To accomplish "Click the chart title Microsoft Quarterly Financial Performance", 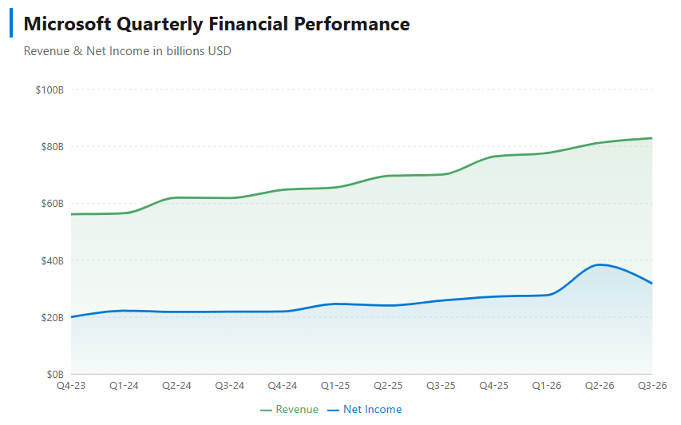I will pyautogui.click(x=216, y=24).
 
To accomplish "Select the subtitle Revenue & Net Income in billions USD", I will pyautogui.click(x=128, y=51).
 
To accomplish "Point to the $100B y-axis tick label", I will pyautogui.click(x=49, y=89).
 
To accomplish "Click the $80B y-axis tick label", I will pyautogui.click(x=51, y=146).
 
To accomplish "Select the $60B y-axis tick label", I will pyautogui.click(x=51, y=204).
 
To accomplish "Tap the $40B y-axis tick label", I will pyautogui.click(x=51, y=260).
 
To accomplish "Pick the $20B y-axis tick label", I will pyautogui.click(x=51, y=317).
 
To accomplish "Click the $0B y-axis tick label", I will pyautogui.click(x=53, y=374).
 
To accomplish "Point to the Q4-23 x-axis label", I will pyautogui.click(x=71, y=386).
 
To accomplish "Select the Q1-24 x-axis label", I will pyautogui.click(x=124, y=386).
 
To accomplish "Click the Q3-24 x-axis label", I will pyautogui.click(x=230, y=386).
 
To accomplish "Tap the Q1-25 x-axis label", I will pyautogui.click(x=335, y=386).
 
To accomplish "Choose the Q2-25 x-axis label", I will pyautogui.click(x=388, y=386).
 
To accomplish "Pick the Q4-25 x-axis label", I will pyautogui.click(x=494, y=386).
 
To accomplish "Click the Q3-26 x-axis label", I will pyautogui.click(x=651, y=386).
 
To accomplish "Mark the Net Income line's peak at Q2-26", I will pyautogui.click(x=600, y=264).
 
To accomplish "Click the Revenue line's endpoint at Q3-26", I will pyautogui.click(x=652, y=138).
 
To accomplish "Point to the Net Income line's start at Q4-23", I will pyautogui.click(x=71, y=317).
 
